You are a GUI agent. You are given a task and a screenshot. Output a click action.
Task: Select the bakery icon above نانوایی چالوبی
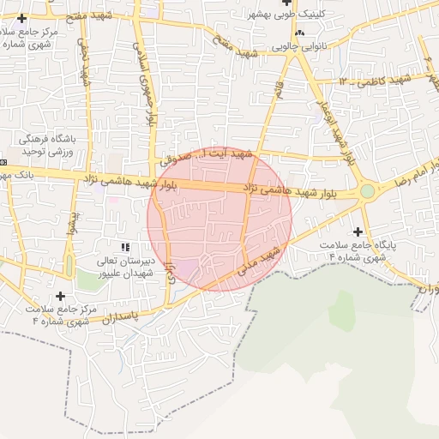[x=299, y=33]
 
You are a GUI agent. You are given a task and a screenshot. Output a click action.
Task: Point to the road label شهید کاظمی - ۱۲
[x=376, y=80]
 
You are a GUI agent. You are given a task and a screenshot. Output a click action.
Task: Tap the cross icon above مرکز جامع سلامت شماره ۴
[x=60, y=297]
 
